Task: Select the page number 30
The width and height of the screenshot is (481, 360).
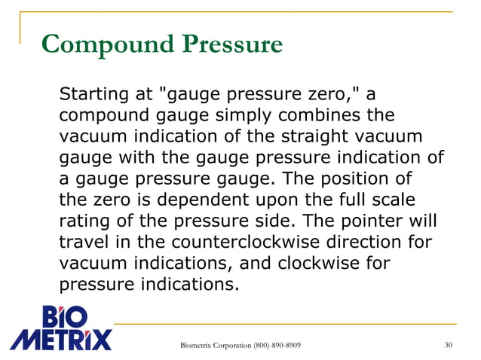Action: point(449,346)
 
